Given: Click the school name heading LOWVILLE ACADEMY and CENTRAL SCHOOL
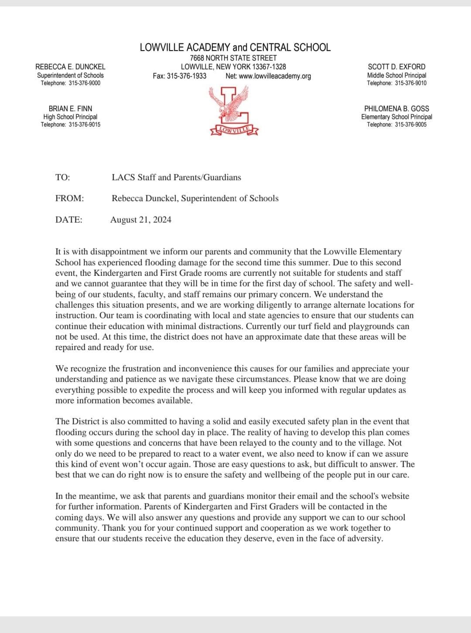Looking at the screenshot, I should (235, 48).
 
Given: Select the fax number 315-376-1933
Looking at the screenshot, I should (187, 76).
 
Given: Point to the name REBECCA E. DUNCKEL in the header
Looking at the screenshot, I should (70, 67).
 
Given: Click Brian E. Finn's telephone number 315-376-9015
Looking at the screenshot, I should (84, 125).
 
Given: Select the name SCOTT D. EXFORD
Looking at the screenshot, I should (396, 67).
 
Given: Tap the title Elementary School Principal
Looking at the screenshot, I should (396, 117).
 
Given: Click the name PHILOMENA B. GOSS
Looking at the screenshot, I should (396, 109).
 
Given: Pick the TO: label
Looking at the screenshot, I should (62, 177).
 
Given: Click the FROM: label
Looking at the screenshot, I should (69, 198).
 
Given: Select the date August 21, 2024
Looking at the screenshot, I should (140, 220).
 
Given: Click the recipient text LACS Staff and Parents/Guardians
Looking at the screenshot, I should (176, 177).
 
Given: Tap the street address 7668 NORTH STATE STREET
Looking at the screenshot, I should (233, 58).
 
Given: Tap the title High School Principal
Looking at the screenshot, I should (70, 117).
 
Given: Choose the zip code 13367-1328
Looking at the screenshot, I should (269, 67).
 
